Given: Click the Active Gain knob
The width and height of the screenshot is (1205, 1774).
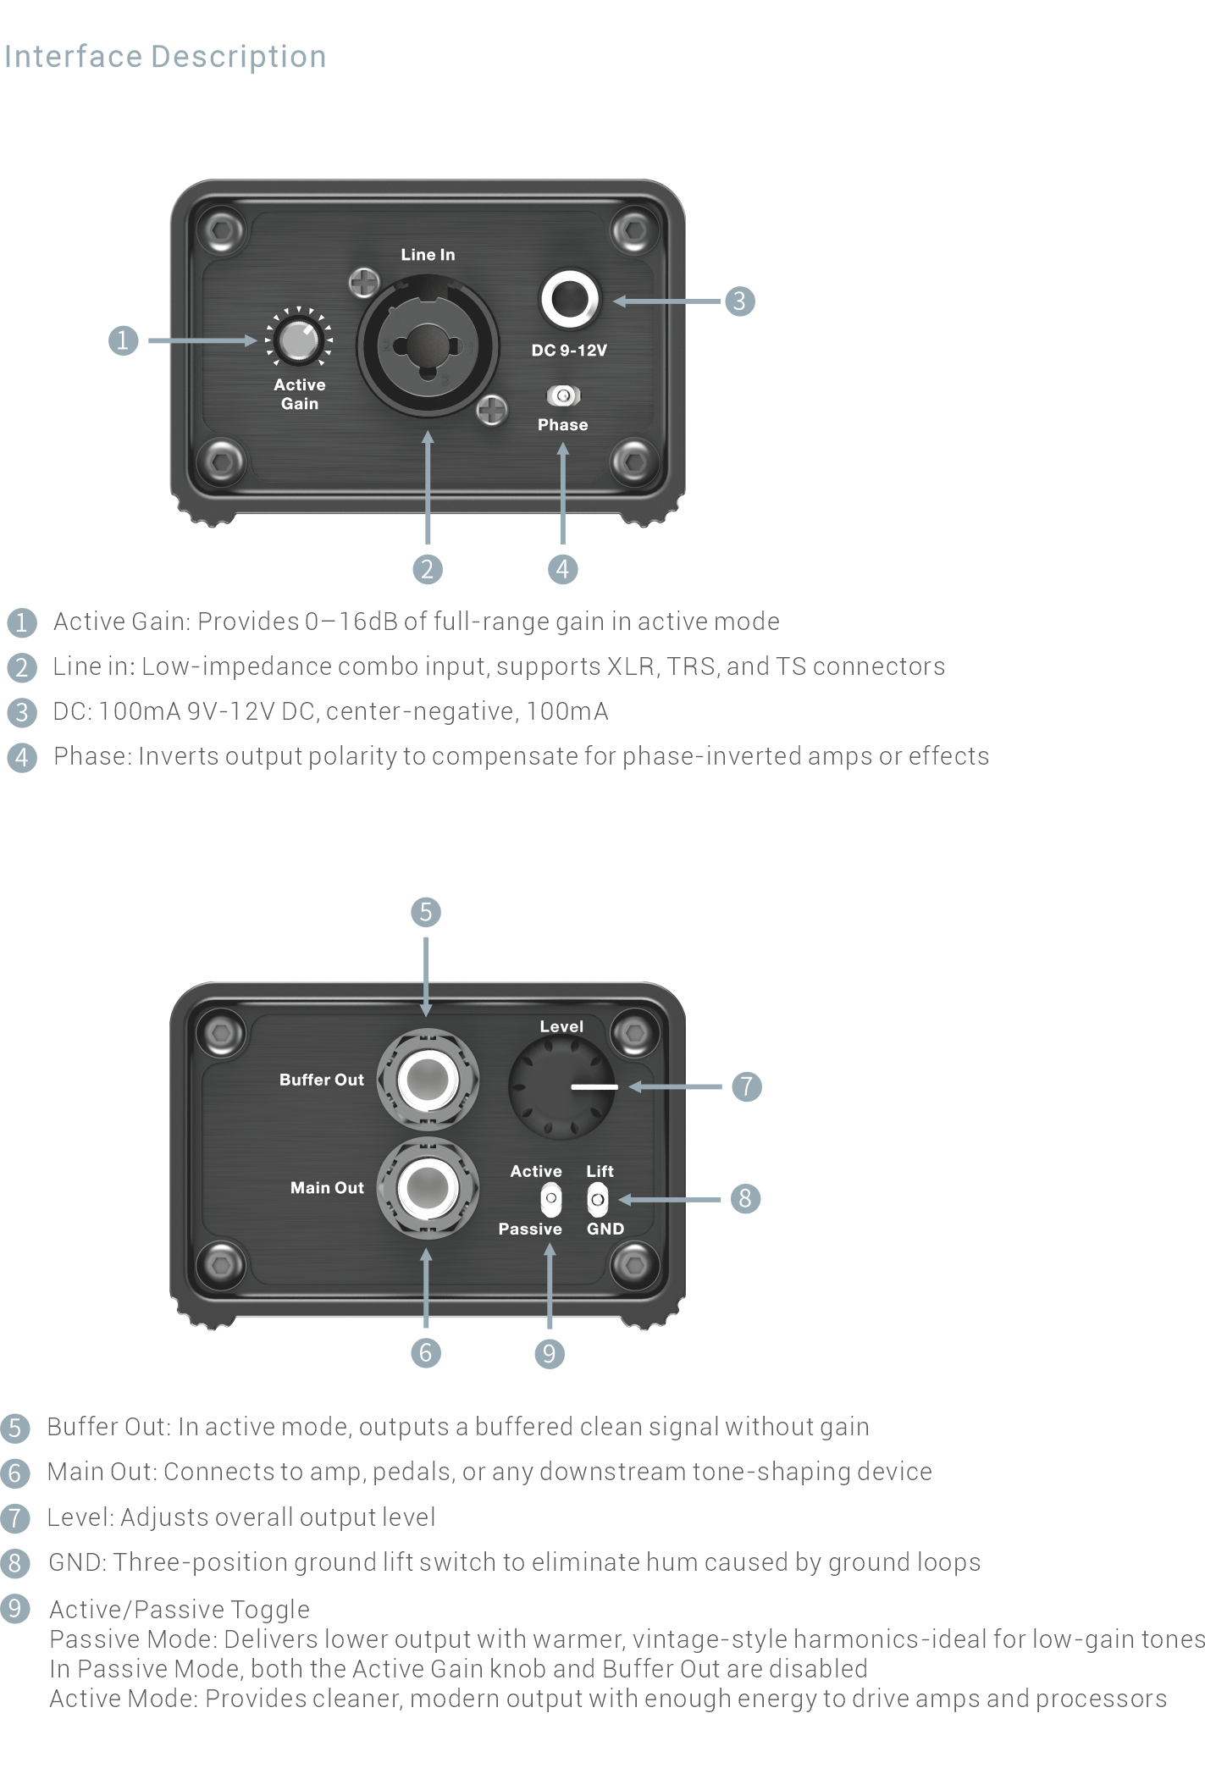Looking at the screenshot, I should click(298, 340).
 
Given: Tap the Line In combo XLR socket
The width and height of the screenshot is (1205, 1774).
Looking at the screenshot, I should click(427, 346).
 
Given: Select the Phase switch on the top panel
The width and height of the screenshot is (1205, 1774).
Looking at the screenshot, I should click(563, 395).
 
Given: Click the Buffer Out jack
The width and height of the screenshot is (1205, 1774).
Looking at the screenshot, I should click(428, 1079).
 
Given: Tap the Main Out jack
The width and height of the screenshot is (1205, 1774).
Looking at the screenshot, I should click(428, 1187).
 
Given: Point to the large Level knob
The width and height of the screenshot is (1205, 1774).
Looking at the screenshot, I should click(561, 1087).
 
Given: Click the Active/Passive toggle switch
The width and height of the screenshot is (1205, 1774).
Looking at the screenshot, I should click(550, 1199).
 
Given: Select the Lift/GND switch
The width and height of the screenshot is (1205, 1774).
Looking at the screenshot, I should click(598, 1199).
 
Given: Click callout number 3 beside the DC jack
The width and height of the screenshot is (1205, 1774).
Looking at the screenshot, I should click(739, 301).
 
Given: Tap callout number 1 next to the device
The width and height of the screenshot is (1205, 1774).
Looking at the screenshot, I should click(123, 340).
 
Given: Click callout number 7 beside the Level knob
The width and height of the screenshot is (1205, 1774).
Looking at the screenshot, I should click(746, 1086).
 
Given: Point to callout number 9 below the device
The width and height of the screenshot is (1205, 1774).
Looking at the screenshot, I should click(549, 1353).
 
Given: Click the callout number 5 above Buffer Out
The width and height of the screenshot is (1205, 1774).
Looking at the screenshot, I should click(426, 912).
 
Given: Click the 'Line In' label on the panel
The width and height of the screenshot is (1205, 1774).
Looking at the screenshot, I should click(428, 255).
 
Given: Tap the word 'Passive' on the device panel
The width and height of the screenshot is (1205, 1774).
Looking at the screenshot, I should click(530, 1229).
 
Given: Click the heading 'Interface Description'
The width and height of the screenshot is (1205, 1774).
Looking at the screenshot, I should click(165, 57).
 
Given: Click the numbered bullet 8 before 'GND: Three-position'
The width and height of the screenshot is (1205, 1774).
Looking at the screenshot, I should click(15, 1563).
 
